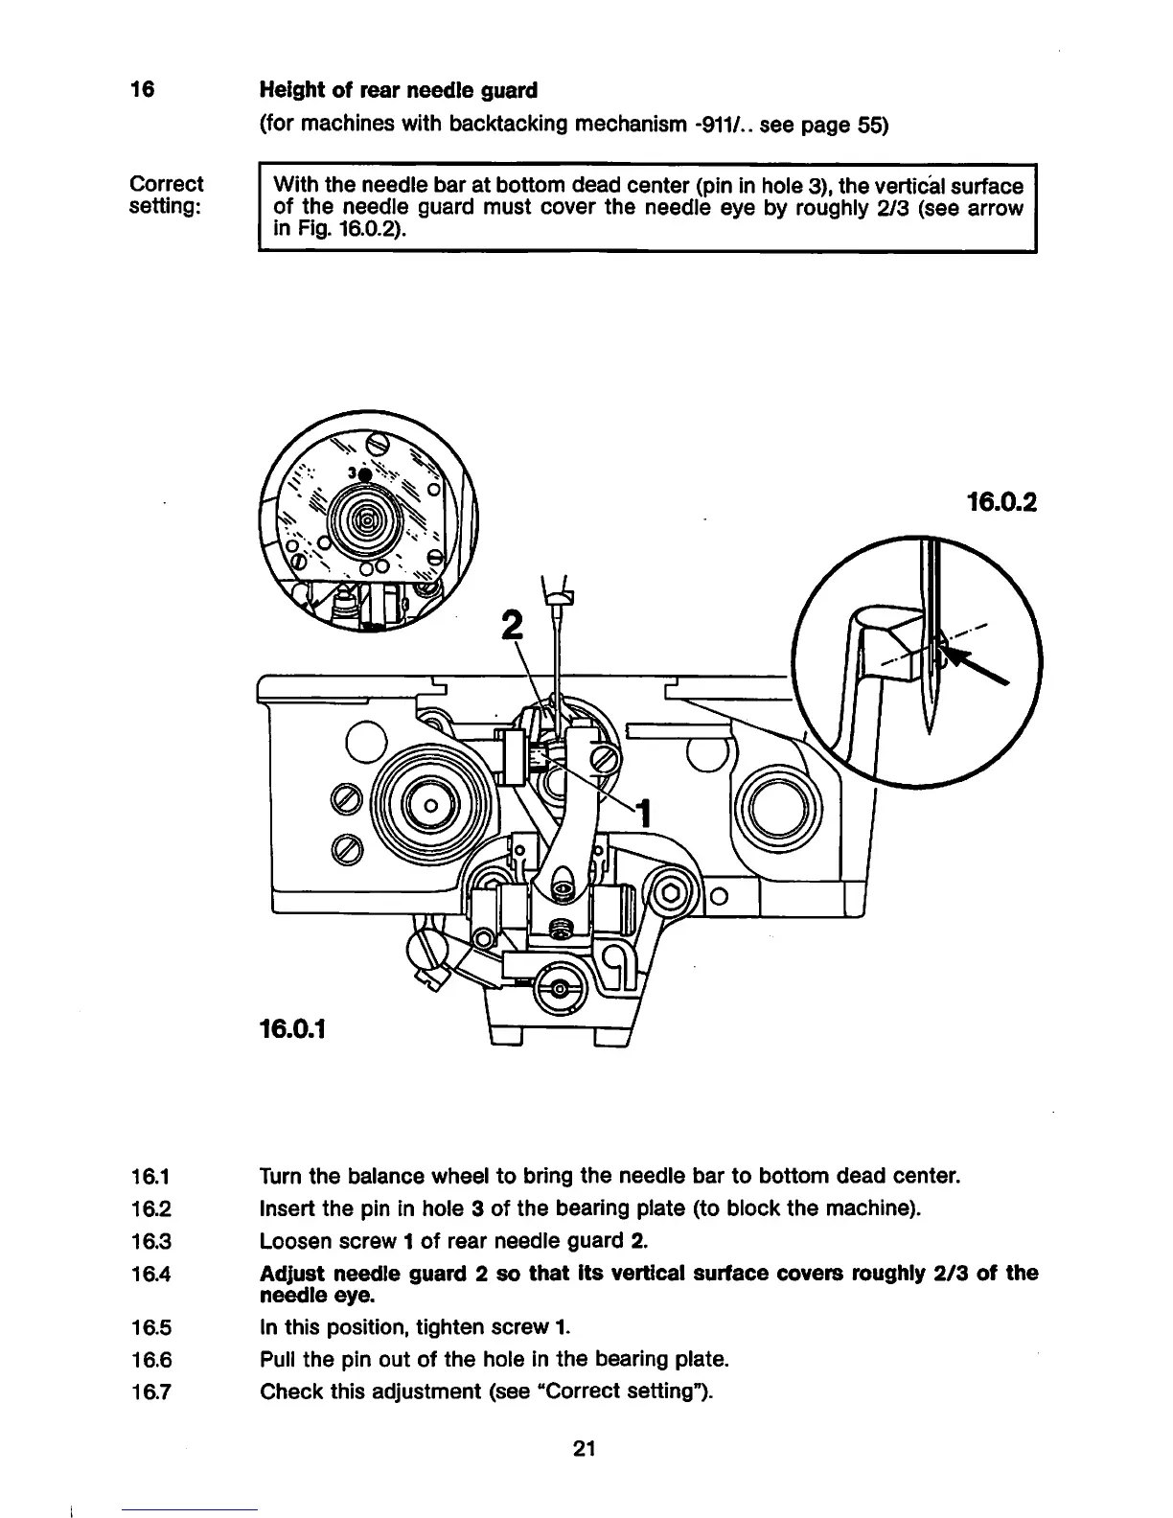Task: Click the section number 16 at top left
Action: tap(142, 90)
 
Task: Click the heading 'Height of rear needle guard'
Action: tap(398, 90)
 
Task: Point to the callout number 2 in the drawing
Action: tap(514, 626)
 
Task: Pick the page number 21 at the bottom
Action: tap(585, 1449)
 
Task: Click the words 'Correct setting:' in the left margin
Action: tap(166, 195)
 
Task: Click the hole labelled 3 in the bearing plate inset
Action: tap(364, 474)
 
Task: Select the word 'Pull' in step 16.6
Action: tap(278, 1359)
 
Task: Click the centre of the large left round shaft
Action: tap(430, 806)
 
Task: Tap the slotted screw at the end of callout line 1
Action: tap(605, 763)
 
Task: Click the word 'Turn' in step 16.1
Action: tap(279, 1176)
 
